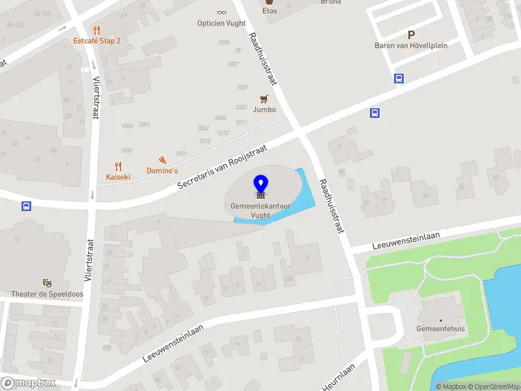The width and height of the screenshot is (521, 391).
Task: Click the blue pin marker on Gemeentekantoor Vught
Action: click(x=260, y=184)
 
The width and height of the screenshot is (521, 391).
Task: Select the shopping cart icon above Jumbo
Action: click(x=264, y=99)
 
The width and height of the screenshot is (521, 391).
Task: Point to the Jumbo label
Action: click(x=264, y=109)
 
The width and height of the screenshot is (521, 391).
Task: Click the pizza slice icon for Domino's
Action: click(x=162, y=160)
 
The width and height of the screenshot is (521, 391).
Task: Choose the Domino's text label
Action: click(x=162, y=171)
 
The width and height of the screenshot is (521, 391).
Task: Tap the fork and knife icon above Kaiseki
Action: click(x=118, y=166)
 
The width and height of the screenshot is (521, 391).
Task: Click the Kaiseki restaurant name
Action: click(x=119, y=177)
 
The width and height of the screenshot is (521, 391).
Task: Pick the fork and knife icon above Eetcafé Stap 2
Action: click(x=96, y=29)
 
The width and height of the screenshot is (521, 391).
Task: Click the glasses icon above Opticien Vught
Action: click(x=221, y=12)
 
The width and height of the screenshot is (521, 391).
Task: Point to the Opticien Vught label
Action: click(x=221, y=23)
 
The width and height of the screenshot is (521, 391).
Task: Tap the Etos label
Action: click(x=269, y=11)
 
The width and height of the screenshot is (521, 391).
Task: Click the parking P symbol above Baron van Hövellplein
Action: click(x=411, y=35)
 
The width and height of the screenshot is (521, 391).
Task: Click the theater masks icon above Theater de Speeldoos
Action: click(x=47, y=283)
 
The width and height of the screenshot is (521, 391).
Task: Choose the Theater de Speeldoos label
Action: click(x=47, y=294)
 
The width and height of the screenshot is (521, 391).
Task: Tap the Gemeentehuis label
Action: click(x=441, y=329)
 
